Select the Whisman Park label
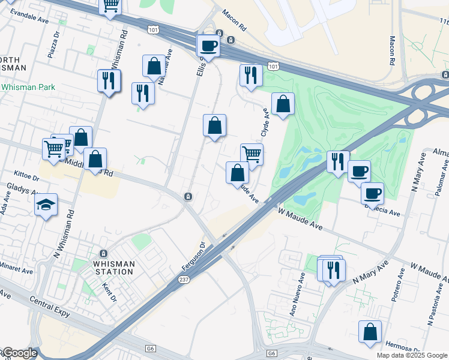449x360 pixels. pyautogui.click(x=28, y=87)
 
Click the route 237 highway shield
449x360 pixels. pyautogui.click(x=184, y=280)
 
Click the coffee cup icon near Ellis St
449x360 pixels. pyautogui.click(x=208, y=46)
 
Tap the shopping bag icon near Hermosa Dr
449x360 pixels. pyautogui.click(x=370, y=331)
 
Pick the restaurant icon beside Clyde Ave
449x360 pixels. pyautogui.click(x=249, y=76)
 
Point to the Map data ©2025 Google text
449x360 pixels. pyautogui.click(x=412, y=355)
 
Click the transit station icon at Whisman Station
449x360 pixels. pyautogui.click(x=103, y=254)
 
